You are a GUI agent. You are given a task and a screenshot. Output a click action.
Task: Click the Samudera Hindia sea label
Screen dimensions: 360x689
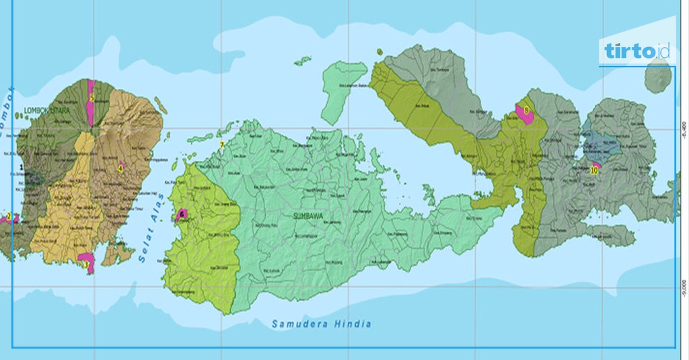321,324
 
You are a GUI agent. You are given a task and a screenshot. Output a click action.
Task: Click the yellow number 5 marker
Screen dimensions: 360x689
91,98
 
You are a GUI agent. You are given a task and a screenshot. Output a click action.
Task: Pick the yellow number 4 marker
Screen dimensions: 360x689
120,168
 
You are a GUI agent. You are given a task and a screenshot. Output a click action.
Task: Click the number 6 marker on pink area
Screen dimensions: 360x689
182,214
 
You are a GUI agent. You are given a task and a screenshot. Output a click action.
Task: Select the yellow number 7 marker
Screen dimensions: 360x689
221,144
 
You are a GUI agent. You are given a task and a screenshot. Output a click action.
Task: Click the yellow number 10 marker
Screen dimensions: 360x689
593,170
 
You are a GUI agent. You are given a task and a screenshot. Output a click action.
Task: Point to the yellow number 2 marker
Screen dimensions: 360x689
9,217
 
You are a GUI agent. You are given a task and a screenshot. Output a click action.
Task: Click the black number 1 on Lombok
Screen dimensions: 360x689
22,166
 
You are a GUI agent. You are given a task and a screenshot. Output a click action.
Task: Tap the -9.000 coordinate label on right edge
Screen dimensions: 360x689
682,287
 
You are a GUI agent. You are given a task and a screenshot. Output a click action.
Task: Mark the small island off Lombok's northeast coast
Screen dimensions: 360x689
161,106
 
